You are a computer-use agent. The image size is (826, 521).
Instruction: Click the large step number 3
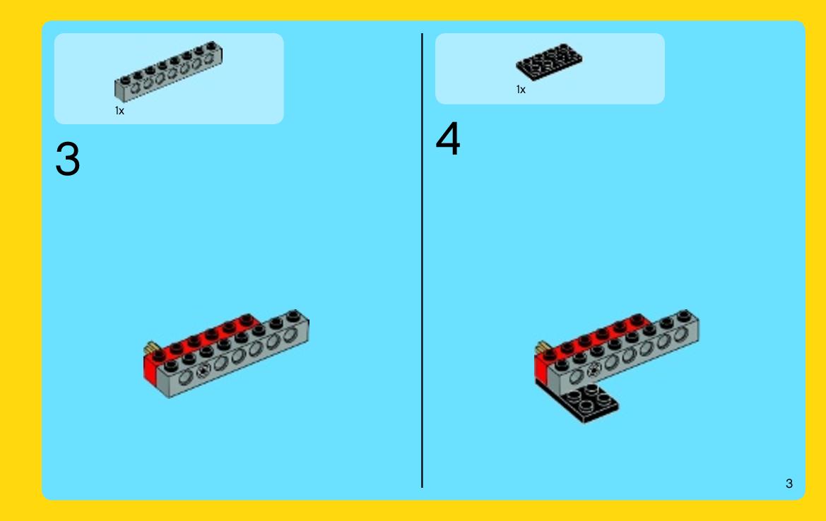point(67,159)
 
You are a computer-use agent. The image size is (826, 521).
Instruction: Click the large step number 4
point(448,138)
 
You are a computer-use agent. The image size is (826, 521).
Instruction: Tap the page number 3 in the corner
point(789,484)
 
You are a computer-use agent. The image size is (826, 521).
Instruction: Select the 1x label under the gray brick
point(119,111)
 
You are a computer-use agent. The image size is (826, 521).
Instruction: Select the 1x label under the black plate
point(521,90)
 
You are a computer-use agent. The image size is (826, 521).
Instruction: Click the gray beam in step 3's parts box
point(169,72)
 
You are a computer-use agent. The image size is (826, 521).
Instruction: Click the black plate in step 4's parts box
point(549,62)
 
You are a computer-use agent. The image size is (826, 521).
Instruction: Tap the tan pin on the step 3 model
point(151,347)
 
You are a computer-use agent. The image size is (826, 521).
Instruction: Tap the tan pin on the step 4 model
point(542,347)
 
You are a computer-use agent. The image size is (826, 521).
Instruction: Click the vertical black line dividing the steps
point(422,260)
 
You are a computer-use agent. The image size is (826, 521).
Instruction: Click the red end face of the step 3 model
point(150,369)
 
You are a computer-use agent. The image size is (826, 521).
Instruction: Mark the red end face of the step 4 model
point(541,368)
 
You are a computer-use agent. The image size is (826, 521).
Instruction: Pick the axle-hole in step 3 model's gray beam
point(203,371)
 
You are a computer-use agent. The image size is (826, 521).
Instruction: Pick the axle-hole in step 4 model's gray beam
point(594,371)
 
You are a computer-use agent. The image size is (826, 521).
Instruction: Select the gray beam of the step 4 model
point(624,354)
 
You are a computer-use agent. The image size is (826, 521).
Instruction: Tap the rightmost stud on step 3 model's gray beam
point(293,316)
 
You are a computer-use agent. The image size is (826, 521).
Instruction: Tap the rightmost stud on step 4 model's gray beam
point(684,316)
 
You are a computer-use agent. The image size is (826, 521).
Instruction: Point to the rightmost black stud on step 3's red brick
point(246,319)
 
